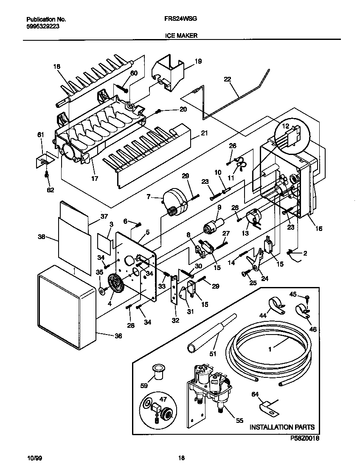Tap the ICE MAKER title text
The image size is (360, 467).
181,36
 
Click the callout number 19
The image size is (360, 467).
198,62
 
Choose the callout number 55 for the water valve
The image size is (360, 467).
239,421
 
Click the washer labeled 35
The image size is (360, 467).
102,291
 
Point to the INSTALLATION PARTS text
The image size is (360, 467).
281,427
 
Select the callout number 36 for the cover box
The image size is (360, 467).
118,336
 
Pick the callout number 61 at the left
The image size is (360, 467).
41,135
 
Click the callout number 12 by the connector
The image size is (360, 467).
285,126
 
